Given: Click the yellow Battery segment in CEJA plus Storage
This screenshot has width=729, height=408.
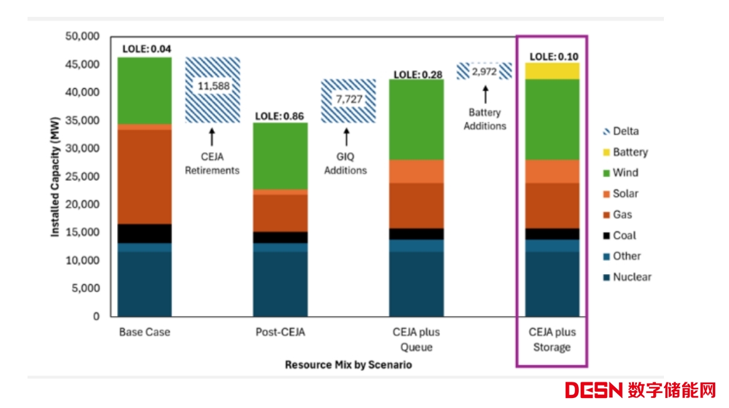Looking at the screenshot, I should (x=552, y=71).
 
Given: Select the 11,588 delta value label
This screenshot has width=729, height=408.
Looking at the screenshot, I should (x=213, y=86).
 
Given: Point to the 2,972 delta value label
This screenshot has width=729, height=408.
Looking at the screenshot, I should (x=484, y=71).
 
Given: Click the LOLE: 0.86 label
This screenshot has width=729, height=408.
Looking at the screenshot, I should (x=280, y=116).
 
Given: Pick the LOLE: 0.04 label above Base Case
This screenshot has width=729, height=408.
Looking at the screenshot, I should (x=146, y=49).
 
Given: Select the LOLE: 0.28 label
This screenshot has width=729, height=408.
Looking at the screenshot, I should (x=417, y=74).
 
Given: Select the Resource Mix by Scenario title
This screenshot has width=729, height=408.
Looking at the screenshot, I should (x=349, y=364).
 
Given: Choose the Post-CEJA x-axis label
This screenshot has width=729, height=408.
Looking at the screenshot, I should (x=280, y=332).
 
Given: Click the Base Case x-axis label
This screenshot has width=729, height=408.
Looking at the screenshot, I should (x=145, y=332).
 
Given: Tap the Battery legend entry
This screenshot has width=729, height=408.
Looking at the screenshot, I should (x=630, y=152).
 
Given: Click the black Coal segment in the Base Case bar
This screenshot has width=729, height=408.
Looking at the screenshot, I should (x=145, y=233).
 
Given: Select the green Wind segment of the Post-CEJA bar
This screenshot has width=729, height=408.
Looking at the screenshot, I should (x=280, y=156).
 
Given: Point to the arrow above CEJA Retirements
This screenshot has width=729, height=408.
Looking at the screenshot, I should (x=212, y=136).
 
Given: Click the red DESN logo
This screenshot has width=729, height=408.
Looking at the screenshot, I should (x=593, y=390).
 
